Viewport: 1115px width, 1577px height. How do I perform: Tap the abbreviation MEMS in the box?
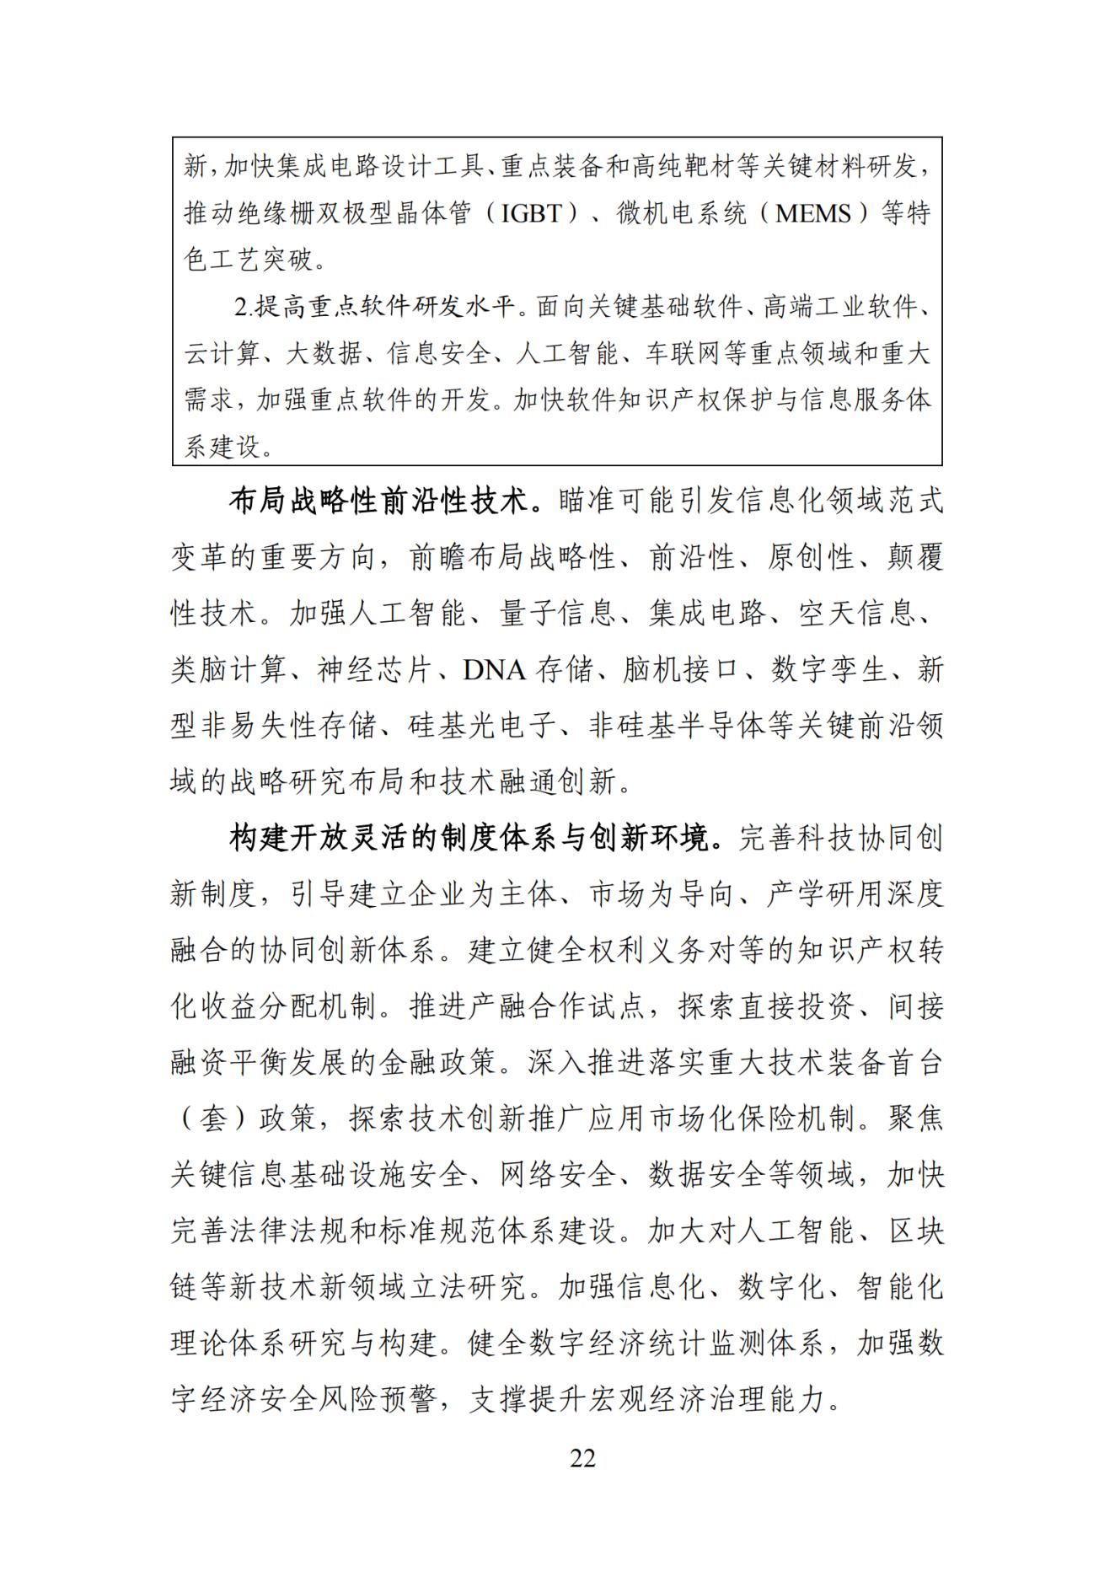coord(813,213)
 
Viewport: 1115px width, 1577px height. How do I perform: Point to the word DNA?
coord(494,670)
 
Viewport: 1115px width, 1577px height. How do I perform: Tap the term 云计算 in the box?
coord(222,353)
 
